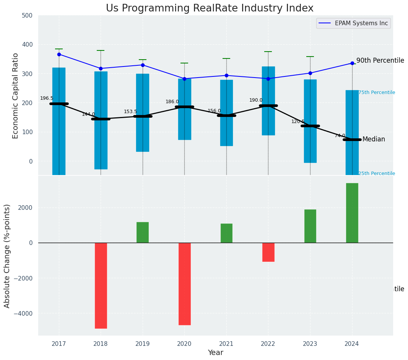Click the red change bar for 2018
click(x=101, y=285)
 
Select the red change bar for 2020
click(x=184, y=284)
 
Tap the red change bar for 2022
click(x=268, y=252)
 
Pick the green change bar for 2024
click(x=352, y=213)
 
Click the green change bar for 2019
click(x=143, y=232)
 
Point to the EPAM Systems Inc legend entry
click(x=361, y=23)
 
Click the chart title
click(x=210, y=8)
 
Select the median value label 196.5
click(x=47, y=99)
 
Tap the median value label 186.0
click(x=172, y=102)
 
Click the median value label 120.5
click(x=298, y=122)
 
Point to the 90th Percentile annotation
click(x=380, y=60)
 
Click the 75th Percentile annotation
click(x=377, y=92)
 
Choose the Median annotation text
click(x=374, y=139)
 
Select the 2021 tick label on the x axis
click(x=226, y=344)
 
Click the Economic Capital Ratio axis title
click(x=16, y=96)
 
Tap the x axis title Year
click(x=216, y=353)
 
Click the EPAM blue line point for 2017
click(x=59, y=54)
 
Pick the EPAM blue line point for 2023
click(x=310, y=73)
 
